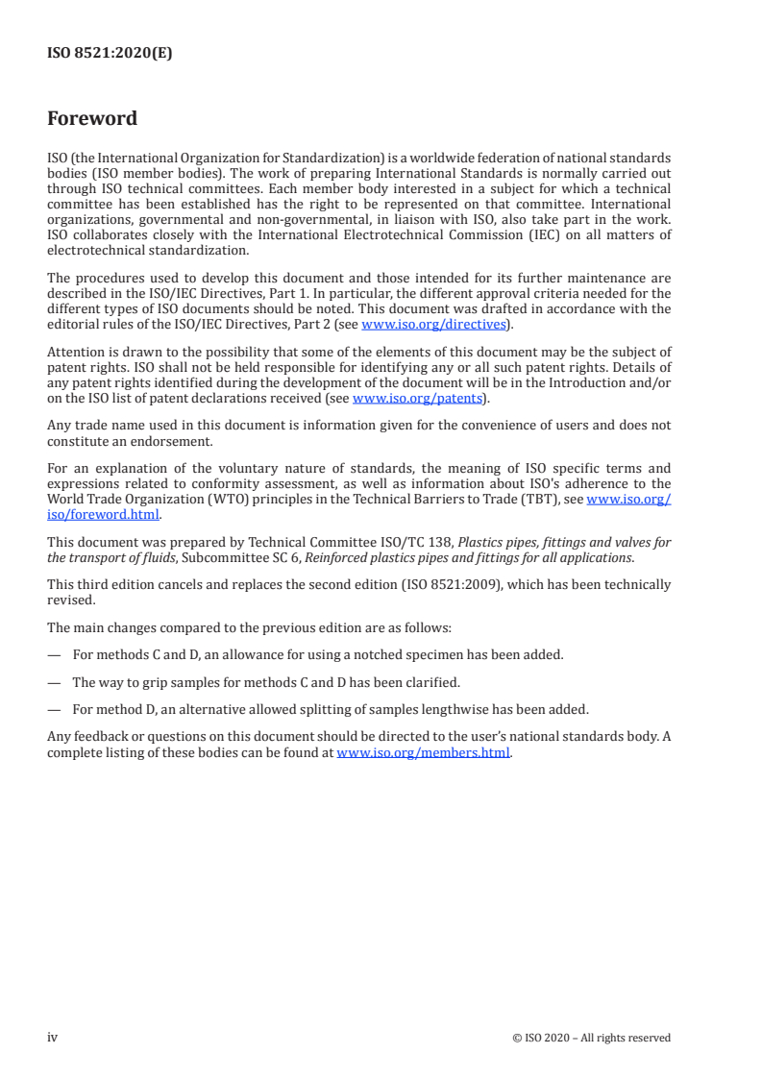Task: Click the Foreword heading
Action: (x=92, y=119)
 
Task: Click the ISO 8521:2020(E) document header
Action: (x=110, y=54)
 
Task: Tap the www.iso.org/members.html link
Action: (x=424, y=753)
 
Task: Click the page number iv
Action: (x=53, y=1037)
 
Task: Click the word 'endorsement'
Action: (x=188, y=440)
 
